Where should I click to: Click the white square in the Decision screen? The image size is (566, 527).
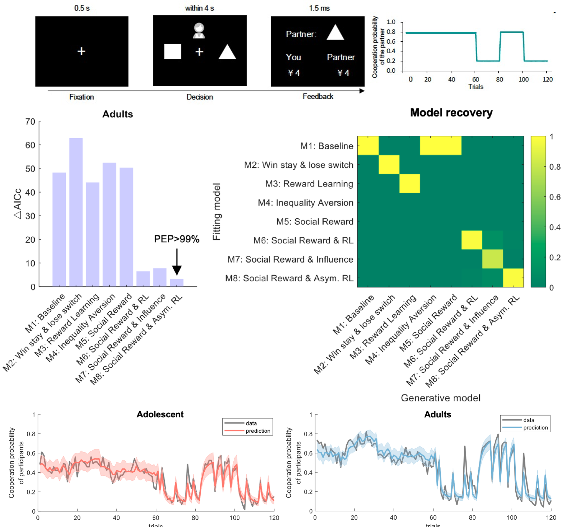[x=173, y=52]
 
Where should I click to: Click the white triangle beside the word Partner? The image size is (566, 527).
[x=335, y=32]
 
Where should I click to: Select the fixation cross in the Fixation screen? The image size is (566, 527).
[x=81, y=51]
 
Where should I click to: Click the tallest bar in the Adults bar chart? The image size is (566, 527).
[x=76, y=212]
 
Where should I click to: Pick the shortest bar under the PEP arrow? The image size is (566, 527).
[x=177, y=282]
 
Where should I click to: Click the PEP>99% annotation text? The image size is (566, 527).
[x=177, y=239]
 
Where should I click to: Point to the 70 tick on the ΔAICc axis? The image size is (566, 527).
[x=30, y=122]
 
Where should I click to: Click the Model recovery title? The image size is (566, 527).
[x=451, y=113]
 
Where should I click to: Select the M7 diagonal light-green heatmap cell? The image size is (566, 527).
[x=493, y=259]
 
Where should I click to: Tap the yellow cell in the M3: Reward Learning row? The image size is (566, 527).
[x=410, y=184]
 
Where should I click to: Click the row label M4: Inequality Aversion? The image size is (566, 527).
[x=305, y=203]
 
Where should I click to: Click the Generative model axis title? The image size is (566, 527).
[x=440, y=398]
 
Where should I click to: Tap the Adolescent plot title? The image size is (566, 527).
[x=160, y=414]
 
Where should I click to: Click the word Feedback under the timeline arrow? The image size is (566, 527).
[x=318, y=97]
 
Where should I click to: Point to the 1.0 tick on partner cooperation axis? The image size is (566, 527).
[x=391, y=22]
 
